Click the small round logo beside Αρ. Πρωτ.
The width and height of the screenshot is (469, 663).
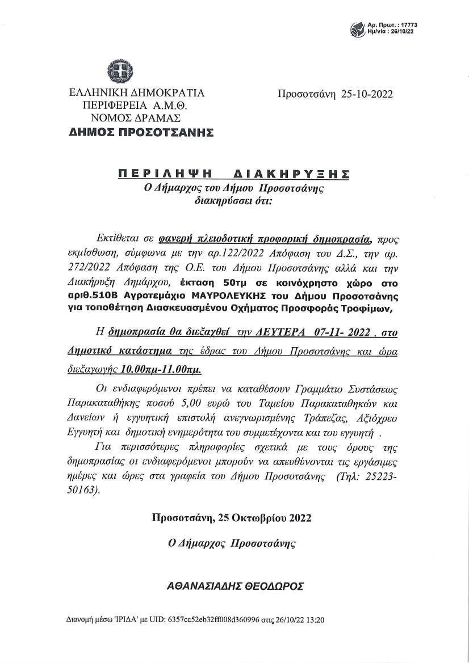[358, 28]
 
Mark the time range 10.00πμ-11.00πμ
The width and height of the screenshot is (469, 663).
[161, 368]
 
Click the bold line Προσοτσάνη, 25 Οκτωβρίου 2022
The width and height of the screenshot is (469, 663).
[232, 518]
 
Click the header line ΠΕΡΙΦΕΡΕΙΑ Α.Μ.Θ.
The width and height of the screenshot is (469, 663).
[135, 105]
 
